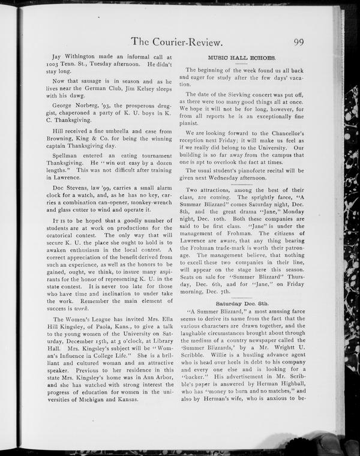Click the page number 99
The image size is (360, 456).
point(303,41)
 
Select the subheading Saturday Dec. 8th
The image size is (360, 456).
point(241,305)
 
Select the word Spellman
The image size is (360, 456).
point(69,154)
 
